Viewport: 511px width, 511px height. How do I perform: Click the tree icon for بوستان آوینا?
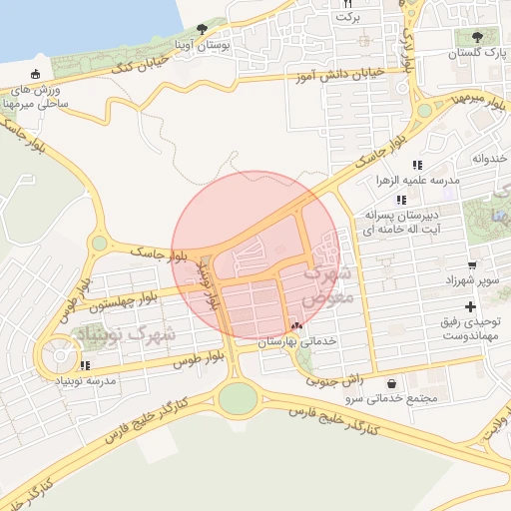(x=204, y=31)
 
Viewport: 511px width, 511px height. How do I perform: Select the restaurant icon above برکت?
(x=348, y=4)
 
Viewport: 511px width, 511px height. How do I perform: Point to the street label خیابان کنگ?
(x=138, y=67)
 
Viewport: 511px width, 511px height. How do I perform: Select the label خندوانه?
(x=490, y=158)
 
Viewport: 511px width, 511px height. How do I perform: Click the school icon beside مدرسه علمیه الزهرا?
(x=417, y=165)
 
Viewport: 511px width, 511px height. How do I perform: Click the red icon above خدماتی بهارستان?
(x=295, y=325)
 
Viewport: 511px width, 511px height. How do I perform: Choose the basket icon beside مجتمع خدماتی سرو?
(x=390, y=383)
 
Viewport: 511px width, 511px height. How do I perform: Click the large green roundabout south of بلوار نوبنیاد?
(x=238, y=398)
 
